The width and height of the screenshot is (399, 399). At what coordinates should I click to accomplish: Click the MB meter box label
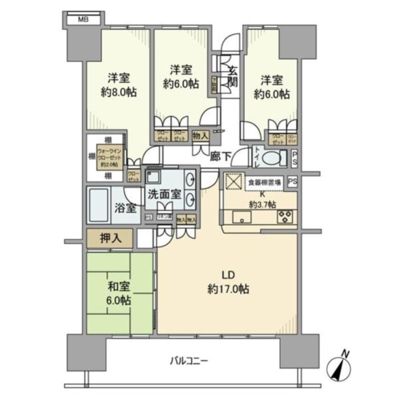click(x=83, y=19)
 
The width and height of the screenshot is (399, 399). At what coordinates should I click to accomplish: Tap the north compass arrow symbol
click(x=339, y=365)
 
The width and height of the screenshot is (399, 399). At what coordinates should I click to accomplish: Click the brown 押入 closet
click(x=110, y=239)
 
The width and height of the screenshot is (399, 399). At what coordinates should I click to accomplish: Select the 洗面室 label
click(x=164, y=195)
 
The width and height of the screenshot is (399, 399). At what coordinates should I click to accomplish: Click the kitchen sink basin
click(x=241, y=217)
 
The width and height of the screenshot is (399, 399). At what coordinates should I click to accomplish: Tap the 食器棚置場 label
click(x=264, y=182)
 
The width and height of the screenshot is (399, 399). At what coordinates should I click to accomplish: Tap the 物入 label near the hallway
click(x=200, y=136)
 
